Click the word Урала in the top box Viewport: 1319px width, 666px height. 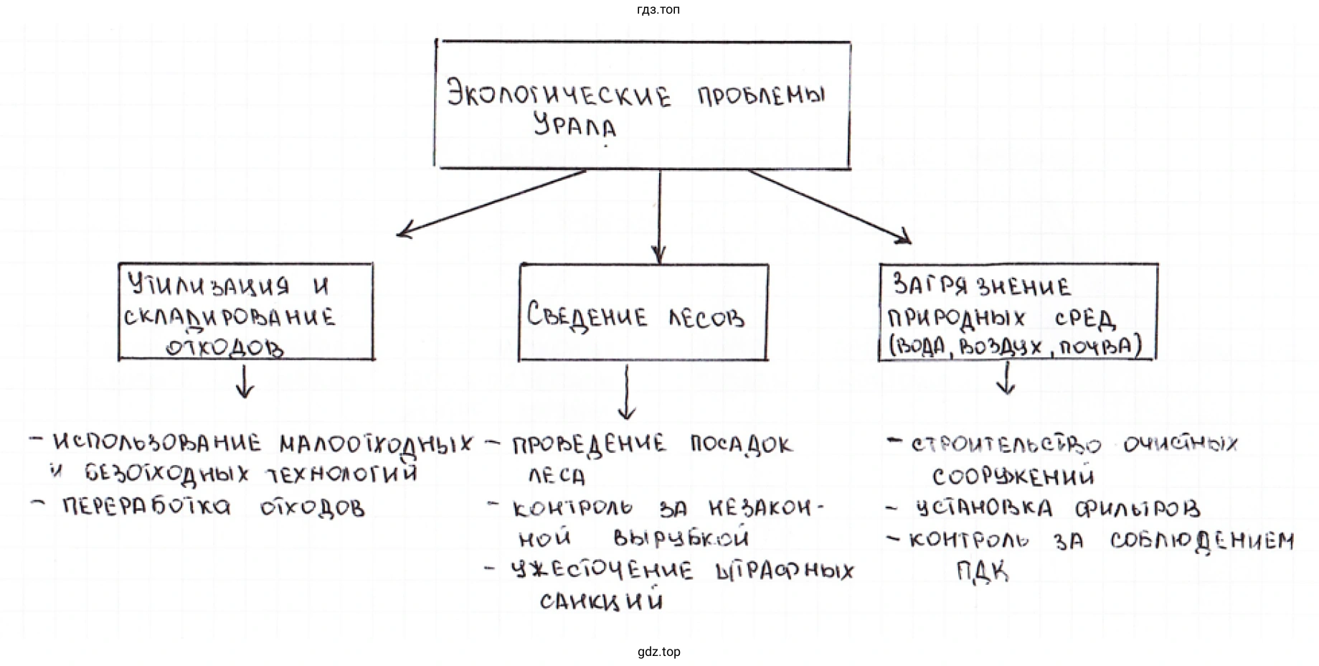(575, 127)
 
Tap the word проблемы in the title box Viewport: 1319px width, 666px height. (762, 95)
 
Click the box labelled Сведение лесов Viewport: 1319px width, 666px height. (643, 313)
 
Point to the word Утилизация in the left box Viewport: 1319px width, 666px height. (209, 286)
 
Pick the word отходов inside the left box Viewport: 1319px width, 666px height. (224, 348)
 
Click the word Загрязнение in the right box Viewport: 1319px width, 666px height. (981, 286)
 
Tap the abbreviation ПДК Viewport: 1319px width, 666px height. (982, 572)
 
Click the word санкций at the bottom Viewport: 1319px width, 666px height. (601, 601)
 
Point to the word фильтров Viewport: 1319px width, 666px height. (1138, 509)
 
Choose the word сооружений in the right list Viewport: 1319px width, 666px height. (1013, 476)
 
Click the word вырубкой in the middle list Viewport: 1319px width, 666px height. (681, 538)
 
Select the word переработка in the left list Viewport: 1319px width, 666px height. (146, 507)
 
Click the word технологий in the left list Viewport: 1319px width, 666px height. (341, 474)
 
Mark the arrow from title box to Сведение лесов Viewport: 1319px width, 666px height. (659, 215)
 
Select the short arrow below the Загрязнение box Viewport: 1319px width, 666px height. (1006, 377)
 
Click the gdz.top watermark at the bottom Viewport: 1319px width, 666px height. (658, 652)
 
